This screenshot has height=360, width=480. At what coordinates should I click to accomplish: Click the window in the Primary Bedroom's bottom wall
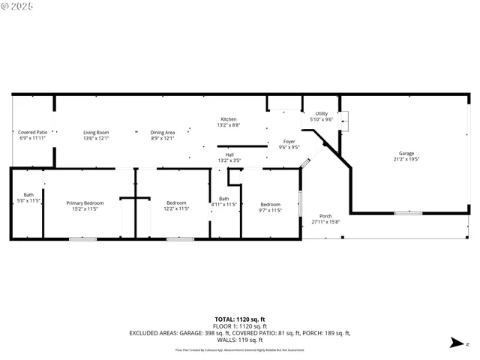(x=82, y=239)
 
